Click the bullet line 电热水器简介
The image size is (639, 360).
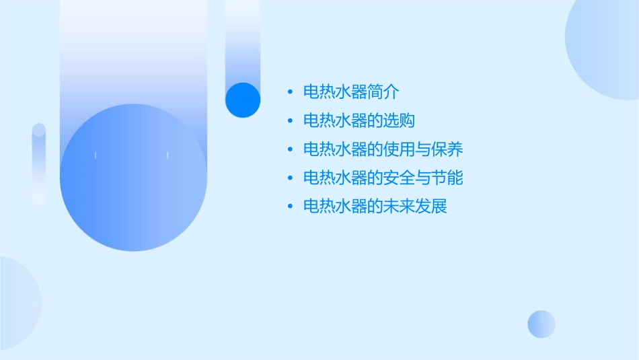coord(352,92)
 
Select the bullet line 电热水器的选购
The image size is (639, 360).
coord(359,121)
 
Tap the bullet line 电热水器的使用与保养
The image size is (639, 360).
coord(383,149)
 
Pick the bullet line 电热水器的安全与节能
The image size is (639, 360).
coord(383,178)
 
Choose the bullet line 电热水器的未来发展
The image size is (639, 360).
coord(375,207)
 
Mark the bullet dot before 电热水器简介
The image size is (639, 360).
coord(290,92)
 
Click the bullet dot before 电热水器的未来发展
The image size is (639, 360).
coord(290,207)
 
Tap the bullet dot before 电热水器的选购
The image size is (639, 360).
coord(290,121)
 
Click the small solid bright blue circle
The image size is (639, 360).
coord(243,100)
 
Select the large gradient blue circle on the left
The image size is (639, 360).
coord(133,178)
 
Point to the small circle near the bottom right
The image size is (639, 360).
coord(541,324)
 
